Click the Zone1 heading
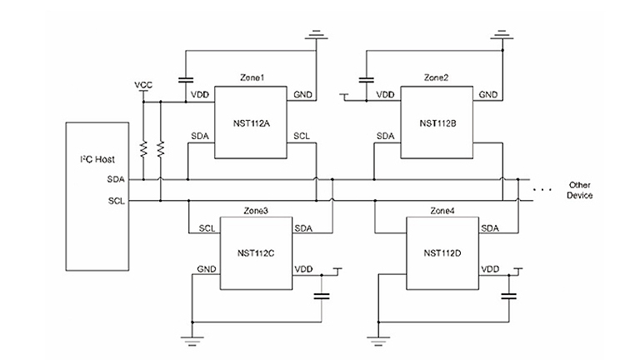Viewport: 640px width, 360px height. click(x=252, y=77)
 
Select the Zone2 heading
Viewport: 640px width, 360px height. click(x=436, y=77)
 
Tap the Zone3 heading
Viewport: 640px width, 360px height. click(x=255, y=211)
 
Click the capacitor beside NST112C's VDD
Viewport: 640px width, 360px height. click(x=322, y=296)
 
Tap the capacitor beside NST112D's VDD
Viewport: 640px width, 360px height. click(x=508, y=296)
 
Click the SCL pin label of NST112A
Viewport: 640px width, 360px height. click(x=301, y=136)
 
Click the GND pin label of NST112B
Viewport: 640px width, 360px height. click(x=490, y=95)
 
